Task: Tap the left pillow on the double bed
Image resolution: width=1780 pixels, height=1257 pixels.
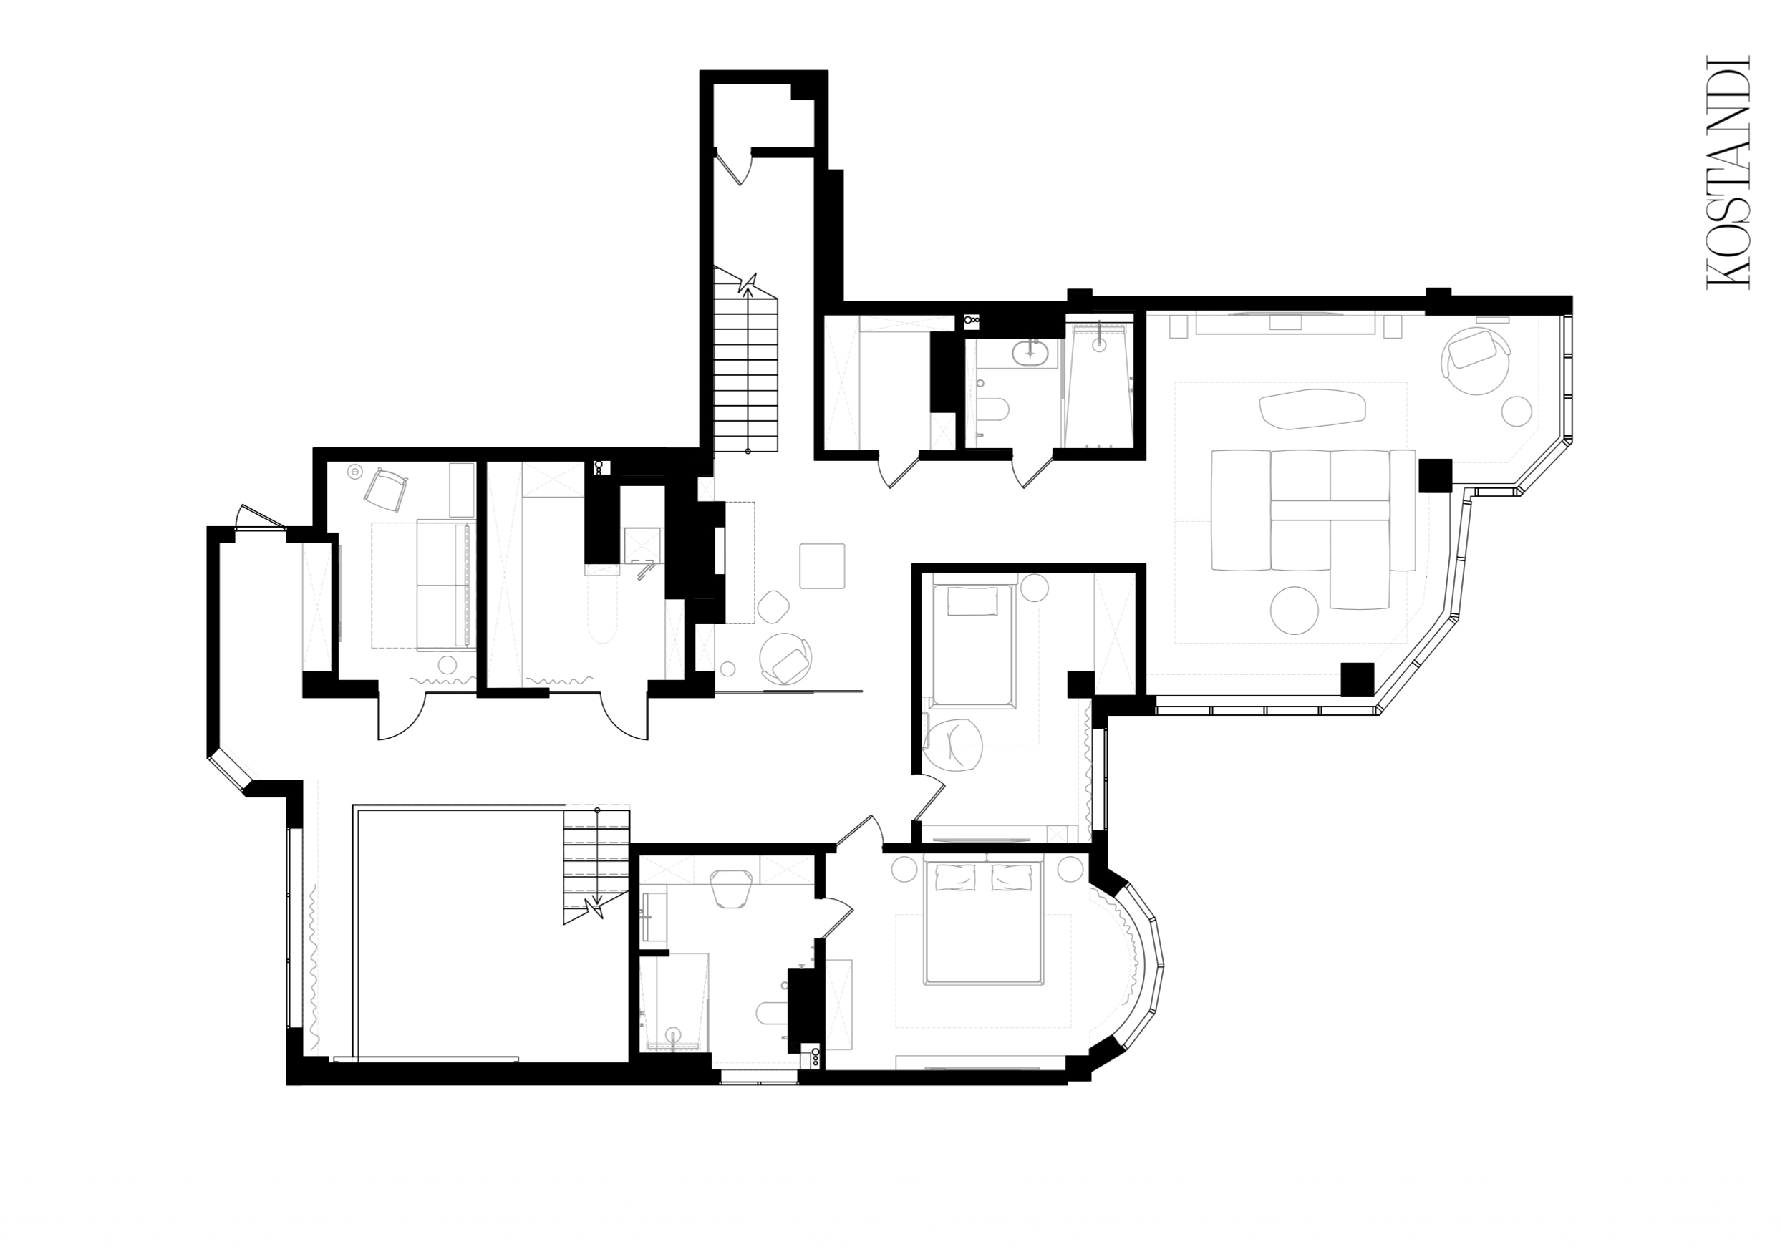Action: (954, 878)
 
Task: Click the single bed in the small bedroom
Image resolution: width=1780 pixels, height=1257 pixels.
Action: (972, 646)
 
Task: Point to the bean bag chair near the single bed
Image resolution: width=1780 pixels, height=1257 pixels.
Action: (953, 745)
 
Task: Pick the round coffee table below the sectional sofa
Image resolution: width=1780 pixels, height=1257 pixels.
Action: (1294, 611)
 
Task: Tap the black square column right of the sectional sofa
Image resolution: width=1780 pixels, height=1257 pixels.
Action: (1435, 475)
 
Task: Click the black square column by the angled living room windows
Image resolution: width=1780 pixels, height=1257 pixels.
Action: (1358, 679)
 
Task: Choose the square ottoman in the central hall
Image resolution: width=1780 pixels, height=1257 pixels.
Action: (822, 566)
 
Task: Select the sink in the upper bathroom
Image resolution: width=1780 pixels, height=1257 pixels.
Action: (1031, 354)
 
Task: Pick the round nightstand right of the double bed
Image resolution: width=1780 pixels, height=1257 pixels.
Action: (1070, 868)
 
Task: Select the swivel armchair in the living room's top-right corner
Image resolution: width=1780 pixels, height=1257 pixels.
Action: (1475, 360)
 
